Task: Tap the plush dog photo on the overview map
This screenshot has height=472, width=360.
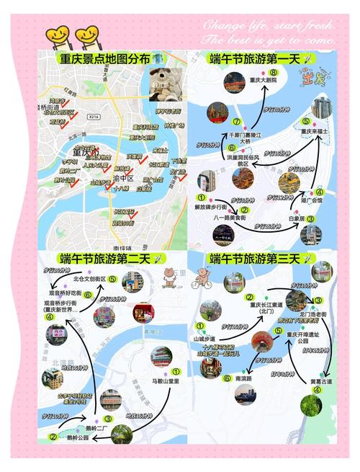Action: (165, 86)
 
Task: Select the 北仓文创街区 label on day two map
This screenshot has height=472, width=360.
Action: (89, 279)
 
